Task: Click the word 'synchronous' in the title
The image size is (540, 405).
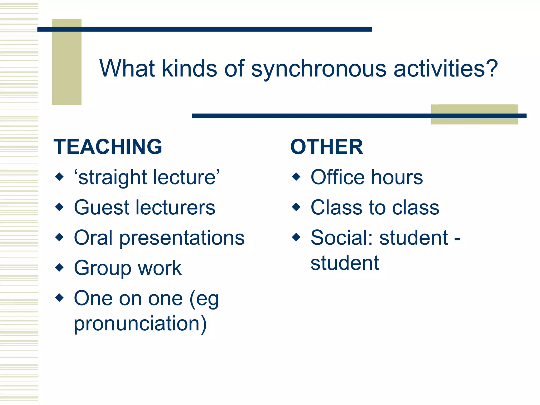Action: click(319, 69)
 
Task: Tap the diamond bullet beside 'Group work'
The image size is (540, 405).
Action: click(60, 267)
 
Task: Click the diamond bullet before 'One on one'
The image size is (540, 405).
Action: click(60, 298)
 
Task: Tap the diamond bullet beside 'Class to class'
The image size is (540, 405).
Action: click(296, 207)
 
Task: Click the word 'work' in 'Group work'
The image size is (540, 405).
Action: click(160, 268)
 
